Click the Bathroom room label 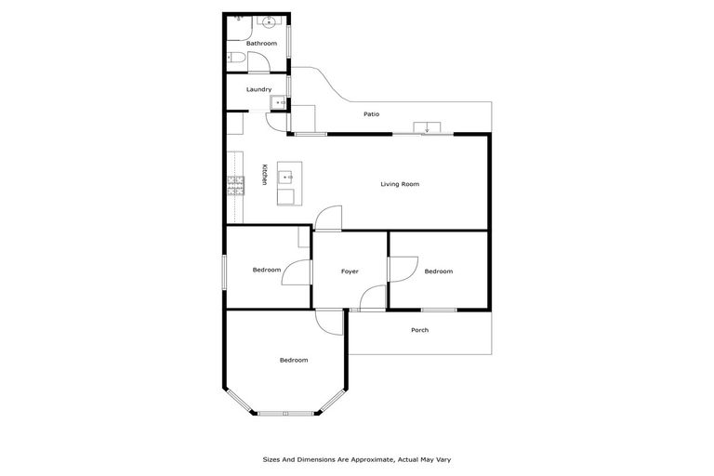[x=261, y=44]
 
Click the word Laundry [x=258, y=89]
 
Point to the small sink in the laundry [x=276, y=101]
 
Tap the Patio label [x=371, y=114]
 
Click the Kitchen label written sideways [x=264, y=175]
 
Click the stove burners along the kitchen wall [x=235, y=186]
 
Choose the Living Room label [x=400, y=184]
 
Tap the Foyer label [x=350, y=271]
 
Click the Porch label [x=419, y=330]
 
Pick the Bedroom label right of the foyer [x=438, y=271]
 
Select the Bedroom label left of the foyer [x=267, y=271]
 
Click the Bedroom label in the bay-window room [x=294, y=360]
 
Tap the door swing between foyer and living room [x=326, y=218]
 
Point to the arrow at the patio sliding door [x=427, y=127]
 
